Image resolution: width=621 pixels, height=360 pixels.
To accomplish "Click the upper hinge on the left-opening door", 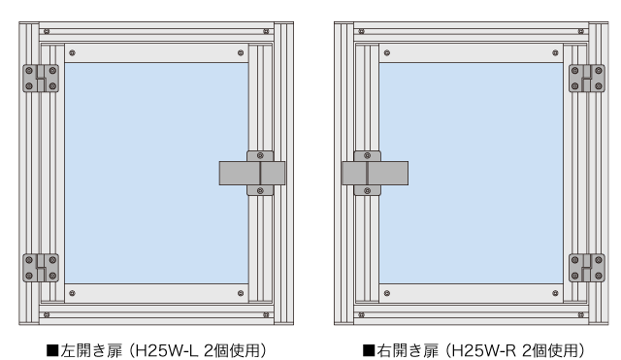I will [41, 78].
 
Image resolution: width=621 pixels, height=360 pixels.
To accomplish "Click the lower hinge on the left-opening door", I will [41, 268].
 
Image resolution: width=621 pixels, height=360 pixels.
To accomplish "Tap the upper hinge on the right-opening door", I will [586, 78].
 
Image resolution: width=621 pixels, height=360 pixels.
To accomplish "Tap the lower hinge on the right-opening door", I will [586, 268].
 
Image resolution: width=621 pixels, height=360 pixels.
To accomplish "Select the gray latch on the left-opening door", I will [252, 173].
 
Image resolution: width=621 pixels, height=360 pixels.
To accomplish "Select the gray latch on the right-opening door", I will [375, 173].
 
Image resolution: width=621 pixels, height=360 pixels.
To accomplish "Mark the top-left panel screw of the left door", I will [72, 52].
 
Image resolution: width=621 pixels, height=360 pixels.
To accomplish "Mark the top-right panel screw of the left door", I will [240, 52].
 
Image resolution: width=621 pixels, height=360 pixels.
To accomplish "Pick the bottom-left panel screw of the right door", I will [386, 293].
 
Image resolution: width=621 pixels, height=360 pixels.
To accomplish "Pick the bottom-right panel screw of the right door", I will [555, 293].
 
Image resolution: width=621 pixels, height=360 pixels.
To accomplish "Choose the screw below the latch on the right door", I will [367, 191].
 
